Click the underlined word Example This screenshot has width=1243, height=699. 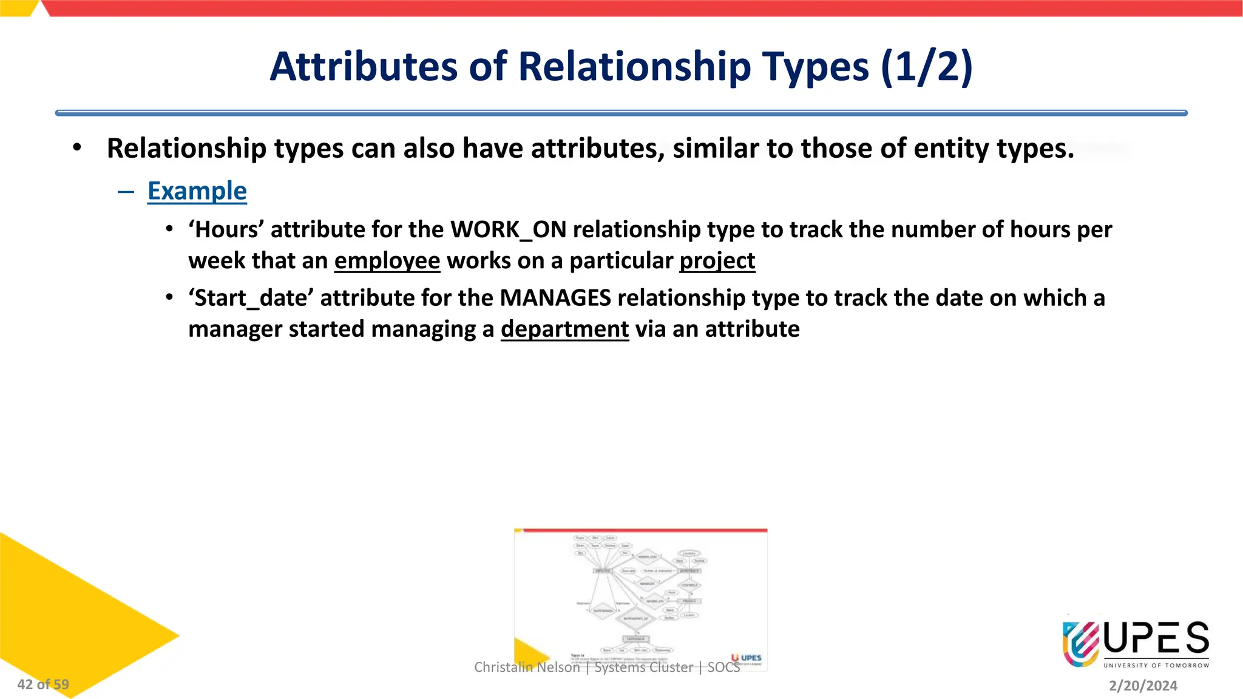(197, 191)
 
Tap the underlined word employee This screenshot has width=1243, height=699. (387, 261)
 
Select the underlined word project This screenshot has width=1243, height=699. (717, 261)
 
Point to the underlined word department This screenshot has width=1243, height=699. (564, 329)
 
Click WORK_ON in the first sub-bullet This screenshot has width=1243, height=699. (508, 230)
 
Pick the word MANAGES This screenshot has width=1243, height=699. (555, 298)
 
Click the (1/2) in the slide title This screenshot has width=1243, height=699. (926, 66)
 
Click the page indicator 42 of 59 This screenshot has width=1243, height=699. (43, 684)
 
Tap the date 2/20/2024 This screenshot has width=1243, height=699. (1143, 686)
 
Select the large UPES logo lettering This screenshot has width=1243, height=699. (1156, 638)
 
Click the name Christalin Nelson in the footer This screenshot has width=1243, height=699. (527, 667)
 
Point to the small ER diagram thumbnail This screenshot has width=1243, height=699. (640, 598)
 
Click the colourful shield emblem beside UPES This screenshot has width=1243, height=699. (1080, 643)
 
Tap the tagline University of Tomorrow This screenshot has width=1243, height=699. (1156, 666)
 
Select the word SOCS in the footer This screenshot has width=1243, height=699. (723, 667)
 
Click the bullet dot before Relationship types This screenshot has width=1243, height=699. (76, 148)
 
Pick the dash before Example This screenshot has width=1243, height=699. (126, 192)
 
